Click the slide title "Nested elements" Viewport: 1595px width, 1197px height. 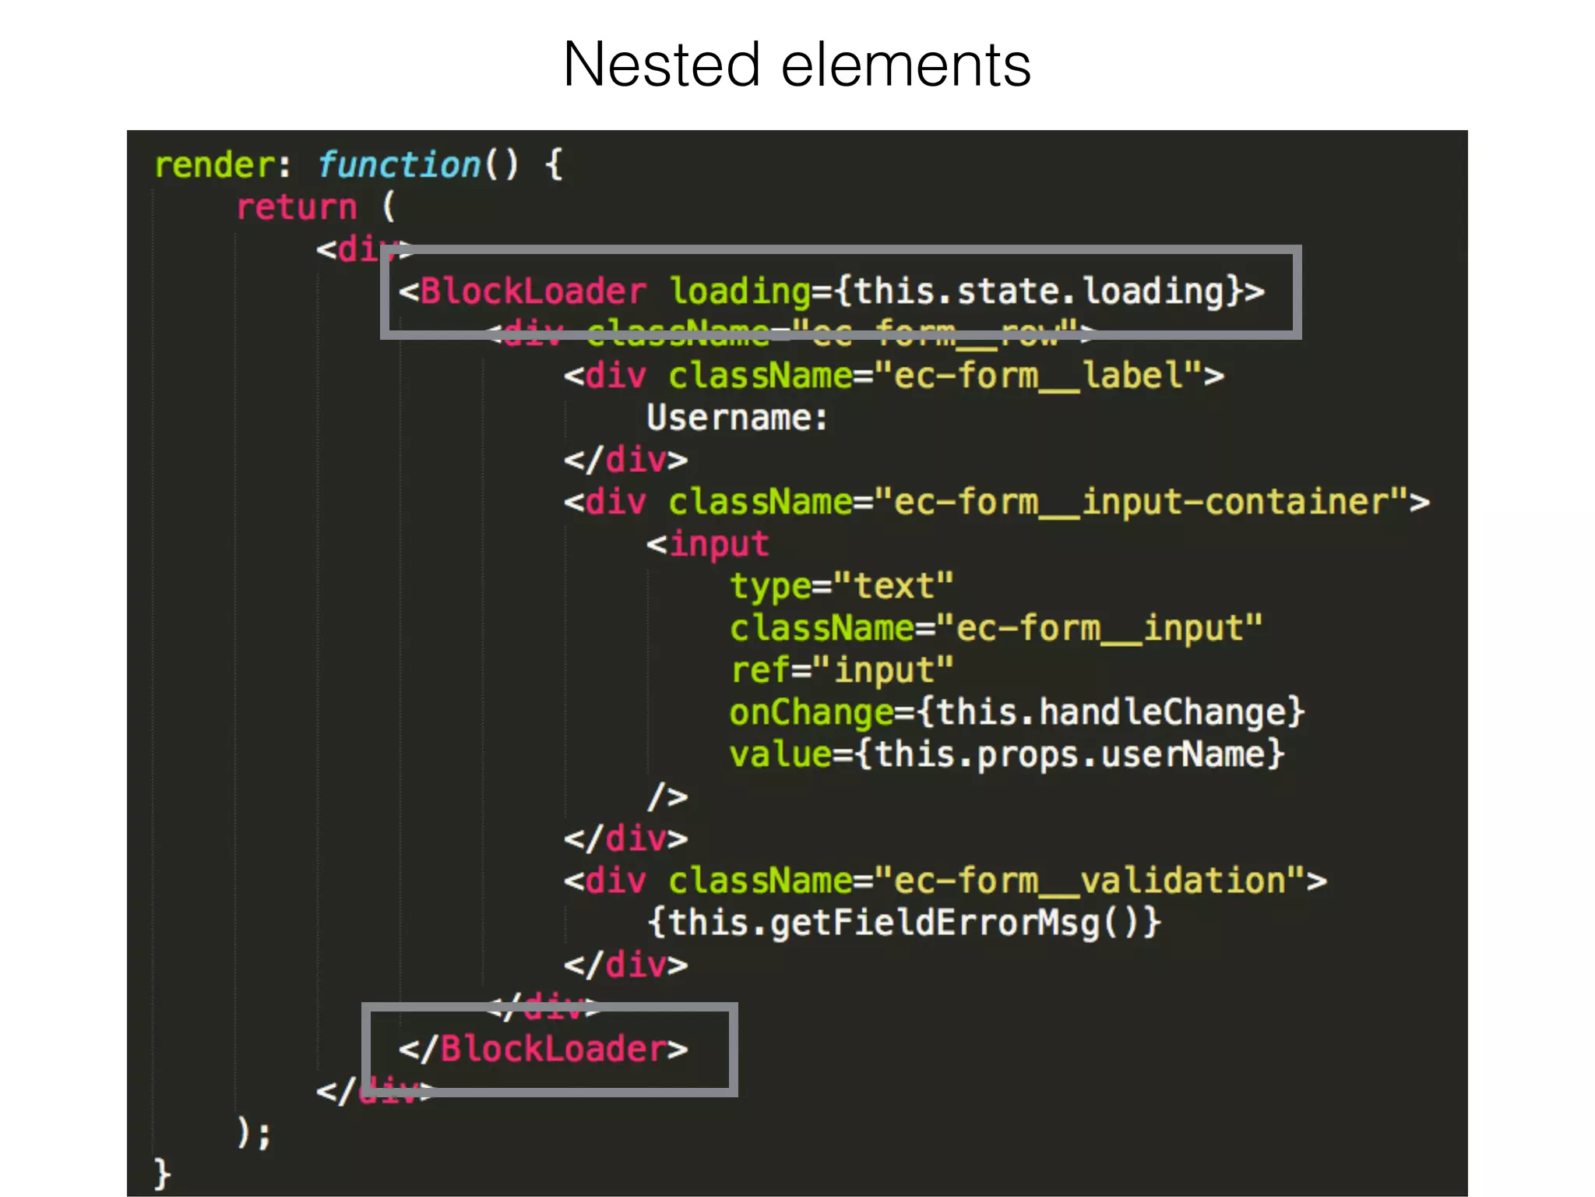pyautogui.click(x=797, y=65)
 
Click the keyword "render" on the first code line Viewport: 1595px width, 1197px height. pyautogui.click(x=214, y=165)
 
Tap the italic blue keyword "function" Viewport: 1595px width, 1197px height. pyautogui.click(x=400, y=165)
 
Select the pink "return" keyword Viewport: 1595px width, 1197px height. pyautogui.click(x=297, y=207)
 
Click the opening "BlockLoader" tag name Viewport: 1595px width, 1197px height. pyautogui.click(x=533, y=291)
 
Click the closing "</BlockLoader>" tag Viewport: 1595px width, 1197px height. pyautogui.click(x=544, y=1049)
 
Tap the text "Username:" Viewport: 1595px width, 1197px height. pyautogui.click(x=737, y=418)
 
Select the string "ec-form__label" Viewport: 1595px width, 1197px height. pyautogui.click(x=1038, y=376)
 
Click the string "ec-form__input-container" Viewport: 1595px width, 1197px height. pyautogui.click(x=1141, y=502)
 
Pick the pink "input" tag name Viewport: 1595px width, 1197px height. pyautogui.click(x=719, y=544)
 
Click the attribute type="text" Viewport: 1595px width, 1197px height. pyautogui.click(x=841, y=586)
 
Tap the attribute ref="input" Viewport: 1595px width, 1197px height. pyautogui.click(x=841, y=670)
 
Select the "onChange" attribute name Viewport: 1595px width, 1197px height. pyautogui.click(x=811, y=712)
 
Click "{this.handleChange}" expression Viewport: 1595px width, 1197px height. pyautogui.click(x=1110, y=712)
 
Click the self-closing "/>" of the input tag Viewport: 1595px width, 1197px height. pyautogui.click(x=668, y=796)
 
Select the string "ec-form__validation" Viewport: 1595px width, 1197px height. pyautogui.click(x=1090, y=881)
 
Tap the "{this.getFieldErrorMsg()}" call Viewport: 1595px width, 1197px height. pyautogui.click(x=904, y=923)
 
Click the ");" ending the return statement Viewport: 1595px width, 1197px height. pyautogui.click(x=254, y=1132)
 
